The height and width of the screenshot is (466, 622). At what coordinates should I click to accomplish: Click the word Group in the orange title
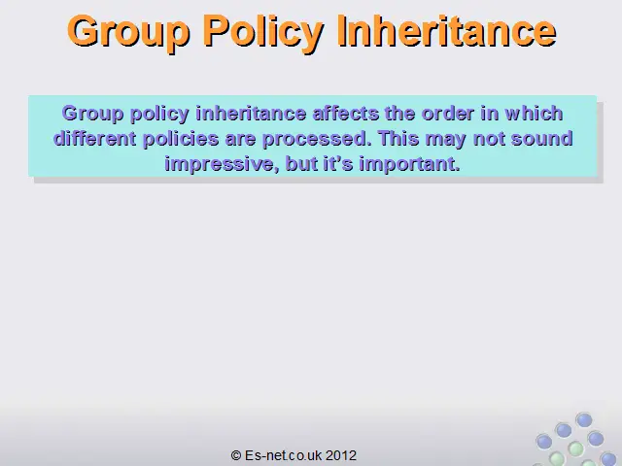pyautogui.click(x=128, y=33)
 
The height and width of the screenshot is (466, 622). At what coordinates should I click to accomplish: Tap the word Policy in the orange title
pyautogui.click(x=263, y=33)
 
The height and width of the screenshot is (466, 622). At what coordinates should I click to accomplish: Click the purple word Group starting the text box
pyautogui.click(x=92, y=114)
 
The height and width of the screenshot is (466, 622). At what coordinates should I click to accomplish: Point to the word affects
pyautogui.click(x=346, y=114)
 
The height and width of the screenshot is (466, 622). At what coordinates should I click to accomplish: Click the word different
pyautogui.click(x=95, y=138)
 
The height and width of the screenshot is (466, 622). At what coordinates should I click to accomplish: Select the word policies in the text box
pyautogui.click(x=181, y=139)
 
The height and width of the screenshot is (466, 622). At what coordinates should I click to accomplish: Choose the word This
pyautogui.click(x=398, y=138)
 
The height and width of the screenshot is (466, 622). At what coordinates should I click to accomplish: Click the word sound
pyautogui.click(x=542, y=138)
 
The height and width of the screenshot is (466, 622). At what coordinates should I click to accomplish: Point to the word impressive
pyautogui.click(x=220, y=164)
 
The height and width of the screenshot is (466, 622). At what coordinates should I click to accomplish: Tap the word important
pyautogui.click(x=410, y=164)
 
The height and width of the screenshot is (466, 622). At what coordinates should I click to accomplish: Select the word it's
pyautogui.click(x=338, y=163)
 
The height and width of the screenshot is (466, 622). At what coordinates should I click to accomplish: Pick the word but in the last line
pyautogui.click(x=301, y=163)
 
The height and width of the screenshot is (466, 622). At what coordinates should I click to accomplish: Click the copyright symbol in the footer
pyautogui.click(x=236, y=455)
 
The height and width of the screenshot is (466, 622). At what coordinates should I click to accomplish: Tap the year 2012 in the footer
pyautogui.click(x=341, y=455)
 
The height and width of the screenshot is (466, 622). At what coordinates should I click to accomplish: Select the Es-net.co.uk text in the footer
pyautogui.click(x=283, y=455)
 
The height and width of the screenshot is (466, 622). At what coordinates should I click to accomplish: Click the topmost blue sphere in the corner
pyautogui.click(x=584, y=420)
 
